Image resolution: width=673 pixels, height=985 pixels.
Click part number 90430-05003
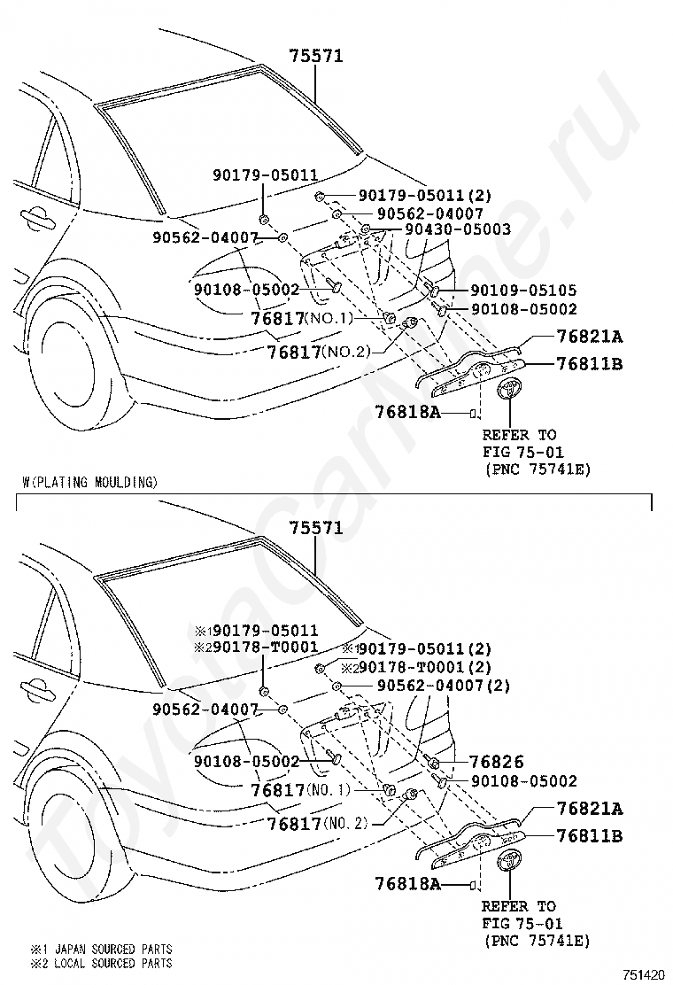coord(458,229)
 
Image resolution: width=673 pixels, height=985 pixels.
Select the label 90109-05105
coord(522,290)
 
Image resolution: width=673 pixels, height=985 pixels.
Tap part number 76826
coord(497,762)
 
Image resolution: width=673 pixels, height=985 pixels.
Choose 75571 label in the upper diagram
coord(316,56)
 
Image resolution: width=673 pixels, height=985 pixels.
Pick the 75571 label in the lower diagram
coord(316,528)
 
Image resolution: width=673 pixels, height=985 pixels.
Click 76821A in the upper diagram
coord(589,336)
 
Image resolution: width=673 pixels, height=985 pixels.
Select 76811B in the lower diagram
coord(589,834)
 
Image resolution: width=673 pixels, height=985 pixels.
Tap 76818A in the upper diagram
coord(406,412)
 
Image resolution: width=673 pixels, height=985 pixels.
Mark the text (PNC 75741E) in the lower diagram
coord(537,940)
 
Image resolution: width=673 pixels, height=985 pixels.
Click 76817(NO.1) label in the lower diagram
coord(300,789)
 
